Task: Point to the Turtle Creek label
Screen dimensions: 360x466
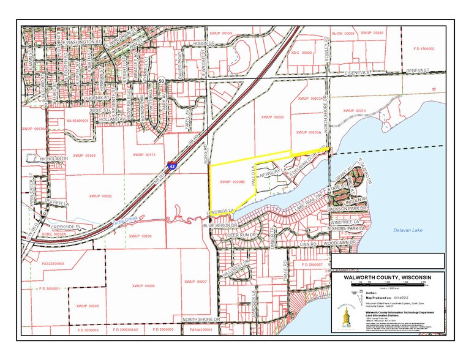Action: (125, 223)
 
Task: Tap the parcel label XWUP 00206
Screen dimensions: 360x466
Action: (143, 286)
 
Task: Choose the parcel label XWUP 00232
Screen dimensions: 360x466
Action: (100, 196)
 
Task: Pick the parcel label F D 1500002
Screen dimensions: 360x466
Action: (423, 48)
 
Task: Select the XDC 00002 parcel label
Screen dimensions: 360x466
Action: (302, 53)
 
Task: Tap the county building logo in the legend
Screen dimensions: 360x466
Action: (345, 313)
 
